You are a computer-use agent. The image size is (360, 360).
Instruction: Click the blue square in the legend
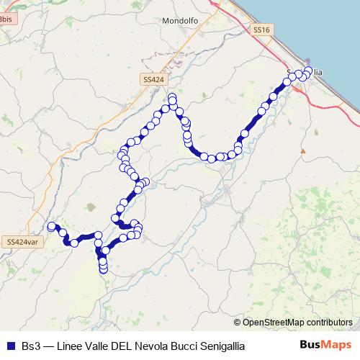[x=10, y=346]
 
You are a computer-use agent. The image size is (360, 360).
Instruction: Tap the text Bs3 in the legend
[x=31, y=346]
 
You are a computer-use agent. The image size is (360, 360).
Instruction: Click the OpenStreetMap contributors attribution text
[x=297, y=322]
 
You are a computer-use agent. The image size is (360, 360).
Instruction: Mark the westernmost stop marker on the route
[x=51, y=226]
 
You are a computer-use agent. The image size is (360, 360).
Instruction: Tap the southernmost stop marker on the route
[x=103, y=270]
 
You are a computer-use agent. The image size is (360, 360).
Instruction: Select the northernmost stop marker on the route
[x=172, y=97]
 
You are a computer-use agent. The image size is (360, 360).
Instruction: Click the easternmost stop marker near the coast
[x=308, y=71]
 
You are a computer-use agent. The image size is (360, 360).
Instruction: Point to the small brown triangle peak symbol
[x=303, y=151]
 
